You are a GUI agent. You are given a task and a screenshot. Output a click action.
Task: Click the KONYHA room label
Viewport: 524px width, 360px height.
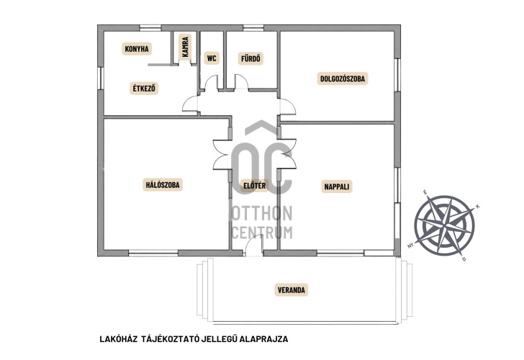click(137, 49)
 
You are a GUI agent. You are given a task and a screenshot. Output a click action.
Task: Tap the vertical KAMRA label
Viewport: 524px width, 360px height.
click(185, 47)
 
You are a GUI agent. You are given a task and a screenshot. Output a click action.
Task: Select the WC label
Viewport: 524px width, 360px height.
click(212, 58)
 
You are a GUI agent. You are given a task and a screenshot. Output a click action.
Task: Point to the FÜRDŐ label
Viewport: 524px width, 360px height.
click(250, 58)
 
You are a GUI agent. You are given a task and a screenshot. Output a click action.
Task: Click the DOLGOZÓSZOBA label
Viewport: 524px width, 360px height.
click(343, 78)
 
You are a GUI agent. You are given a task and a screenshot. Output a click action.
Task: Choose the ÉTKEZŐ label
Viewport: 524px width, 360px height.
click(144, 89)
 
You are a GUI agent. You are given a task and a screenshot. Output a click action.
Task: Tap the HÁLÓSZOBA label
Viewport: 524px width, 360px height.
click(163, 184)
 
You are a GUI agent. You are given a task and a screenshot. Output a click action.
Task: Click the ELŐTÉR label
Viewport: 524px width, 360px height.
click(255, 186)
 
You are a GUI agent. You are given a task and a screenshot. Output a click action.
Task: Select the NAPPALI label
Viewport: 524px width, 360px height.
click(337, 186)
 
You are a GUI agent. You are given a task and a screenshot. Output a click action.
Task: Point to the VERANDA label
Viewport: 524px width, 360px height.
click(292, 290)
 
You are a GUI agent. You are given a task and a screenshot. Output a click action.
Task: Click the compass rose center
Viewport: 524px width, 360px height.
click(444, 225)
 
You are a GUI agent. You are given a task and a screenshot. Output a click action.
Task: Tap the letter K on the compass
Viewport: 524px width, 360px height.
click(477, 206)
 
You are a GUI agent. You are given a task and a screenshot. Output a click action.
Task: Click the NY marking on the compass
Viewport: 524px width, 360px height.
click(411, 246)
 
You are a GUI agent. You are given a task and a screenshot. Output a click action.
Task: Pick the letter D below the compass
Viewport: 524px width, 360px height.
click(464, 259)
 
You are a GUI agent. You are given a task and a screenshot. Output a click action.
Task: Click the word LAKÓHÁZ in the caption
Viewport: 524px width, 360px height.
click(119, 339)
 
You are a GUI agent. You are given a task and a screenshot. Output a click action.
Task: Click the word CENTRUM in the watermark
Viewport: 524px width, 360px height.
click(262, 233)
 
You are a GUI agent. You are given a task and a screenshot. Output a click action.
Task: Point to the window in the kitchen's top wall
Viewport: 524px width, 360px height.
click(150, 28)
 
